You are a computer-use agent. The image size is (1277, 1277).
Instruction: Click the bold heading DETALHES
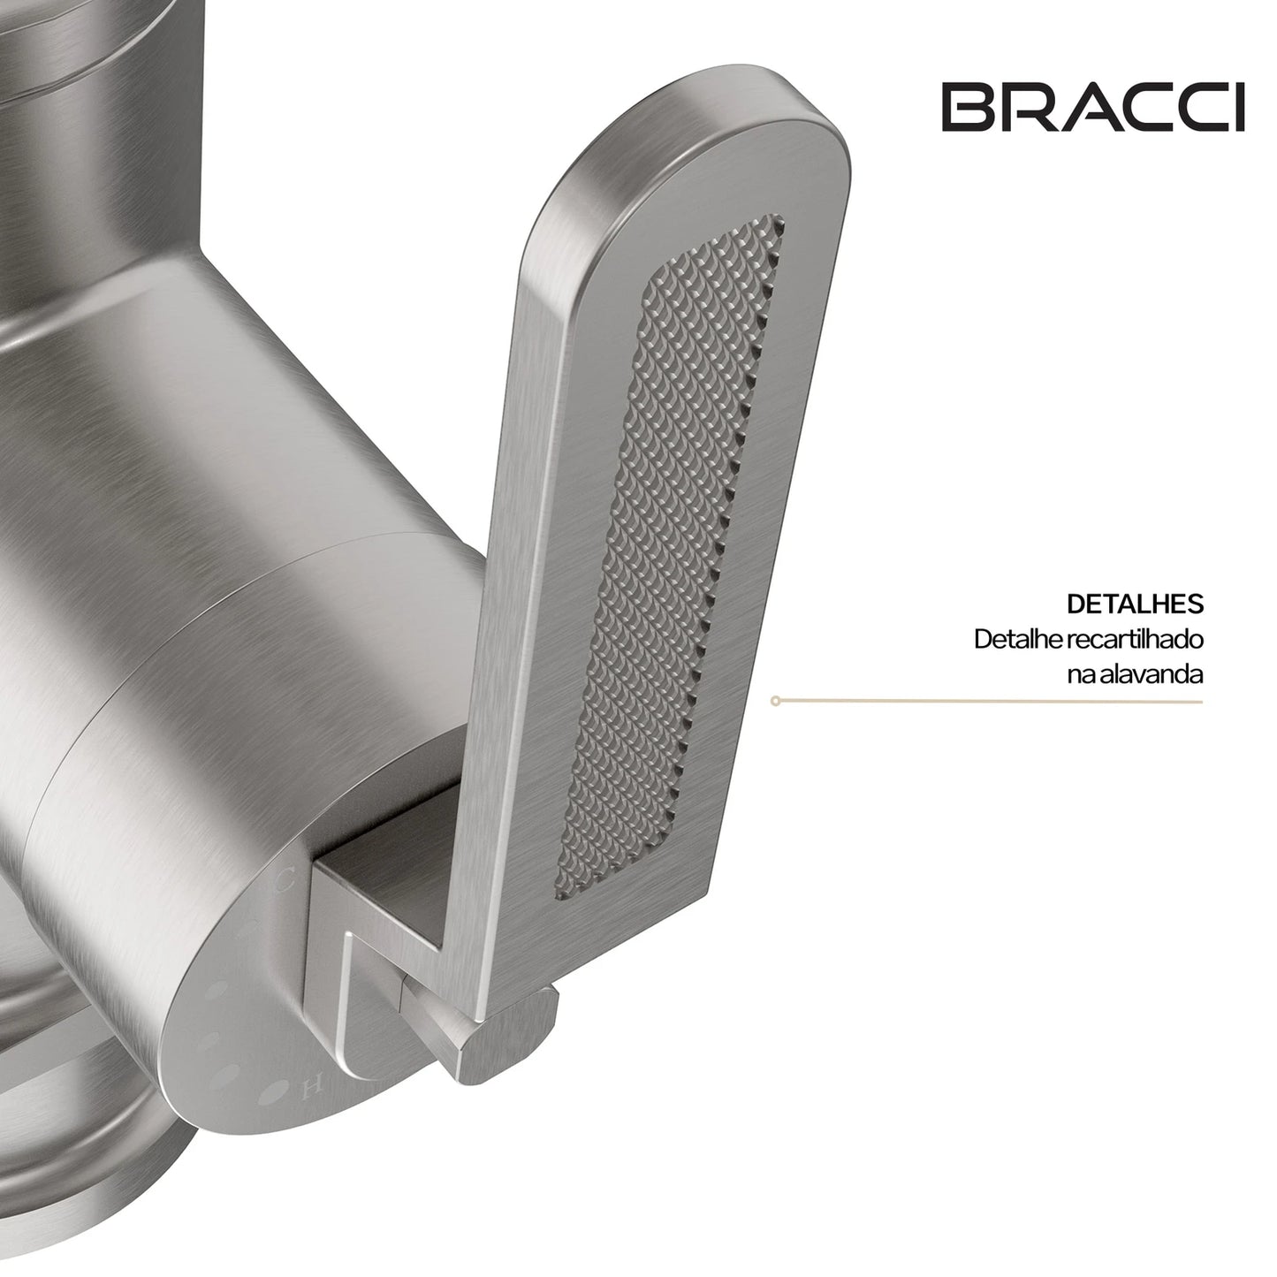(1136, 604)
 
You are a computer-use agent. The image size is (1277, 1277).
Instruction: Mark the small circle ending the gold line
(774, 700)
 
